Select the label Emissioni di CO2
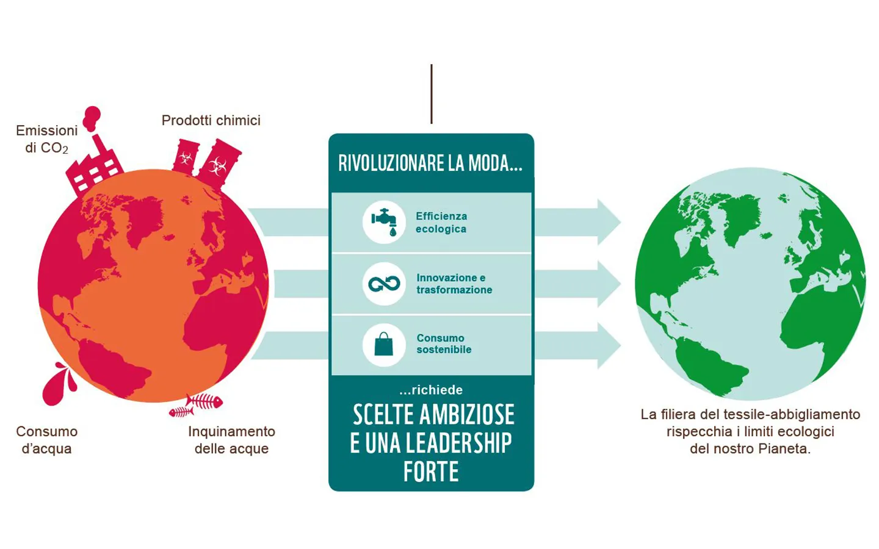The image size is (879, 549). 46,139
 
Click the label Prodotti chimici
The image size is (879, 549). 211,120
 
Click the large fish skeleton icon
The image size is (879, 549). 204,401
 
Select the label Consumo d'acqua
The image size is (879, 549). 46,440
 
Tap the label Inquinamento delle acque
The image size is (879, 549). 231,440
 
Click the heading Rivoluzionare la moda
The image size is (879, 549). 430,163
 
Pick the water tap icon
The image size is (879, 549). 384,221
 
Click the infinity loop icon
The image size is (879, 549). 384,283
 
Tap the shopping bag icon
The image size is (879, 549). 384,345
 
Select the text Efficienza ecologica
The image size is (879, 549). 441,222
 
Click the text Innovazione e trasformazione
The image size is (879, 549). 454,284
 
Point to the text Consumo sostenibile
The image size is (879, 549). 444,343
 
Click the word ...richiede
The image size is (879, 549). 431,390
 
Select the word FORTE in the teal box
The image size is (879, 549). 431,472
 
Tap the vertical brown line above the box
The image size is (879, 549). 432,94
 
